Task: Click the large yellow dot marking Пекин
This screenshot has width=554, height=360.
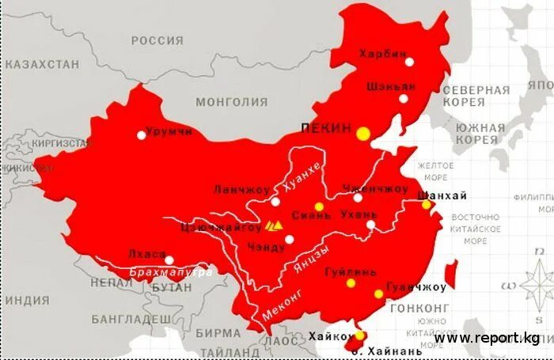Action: [x=363, y=134]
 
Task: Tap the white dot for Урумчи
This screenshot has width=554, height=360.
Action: [x=142, y=135]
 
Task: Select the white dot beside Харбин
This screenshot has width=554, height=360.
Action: [x=409, y=62]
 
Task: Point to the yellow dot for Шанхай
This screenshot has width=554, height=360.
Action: [x=426, y=205]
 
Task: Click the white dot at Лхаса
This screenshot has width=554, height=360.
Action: [x=169, y=260]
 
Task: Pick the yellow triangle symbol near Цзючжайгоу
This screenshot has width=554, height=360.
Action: [x=274, y=225]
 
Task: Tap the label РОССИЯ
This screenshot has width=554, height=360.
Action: [x=157, y=41]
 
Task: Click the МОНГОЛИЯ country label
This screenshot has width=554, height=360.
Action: [x=233, y=101]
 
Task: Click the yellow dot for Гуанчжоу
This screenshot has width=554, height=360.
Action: [x=379, y=294]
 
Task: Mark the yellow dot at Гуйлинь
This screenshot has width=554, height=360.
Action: [x=351, y=282]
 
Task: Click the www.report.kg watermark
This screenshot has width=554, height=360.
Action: [x=486, y=338]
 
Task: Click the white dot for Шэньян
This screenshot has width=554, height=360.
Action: [x=404, y=99]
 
